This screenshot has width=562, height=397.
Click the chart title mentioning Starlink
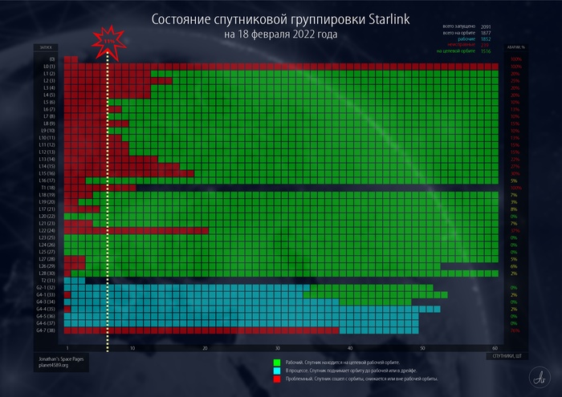281,18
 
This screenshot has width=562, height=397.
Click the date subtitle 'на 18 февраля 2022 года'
281,34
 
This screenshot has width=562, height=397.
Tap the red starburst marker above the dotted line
107,41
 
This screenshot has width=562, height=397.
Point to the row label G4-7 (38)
45,330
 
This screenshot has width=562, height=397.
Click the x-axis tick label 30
278,348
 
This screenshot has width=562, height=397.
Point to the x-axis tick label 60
495,348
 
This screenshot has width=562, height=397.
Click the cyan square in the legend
276,371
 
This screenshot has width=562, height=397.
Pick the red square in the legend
276,379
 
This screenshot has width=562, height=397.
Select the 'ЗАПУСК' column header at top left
42,48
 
